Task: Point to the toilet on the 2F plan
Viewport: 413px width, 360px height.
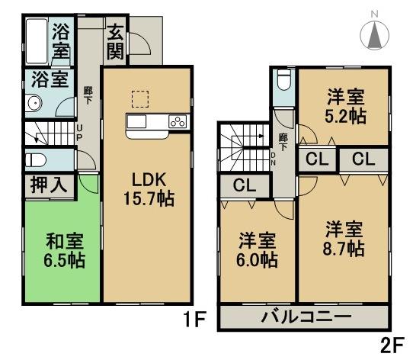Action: [x=283, y=81]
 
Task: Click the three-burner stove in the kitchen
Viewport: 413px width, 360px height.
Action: [x=177, y=122]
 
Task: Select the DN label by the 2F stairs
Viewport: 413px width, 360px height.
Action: [x=274, y=156]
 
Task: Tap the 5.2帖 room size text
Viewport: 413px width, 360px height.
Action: [x=345, y=116]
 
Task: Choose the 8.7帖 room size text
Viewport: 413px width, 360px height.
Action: [x=345, y=249]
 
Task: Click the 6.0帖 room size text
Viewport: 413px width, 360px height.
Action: [x=255, y=259]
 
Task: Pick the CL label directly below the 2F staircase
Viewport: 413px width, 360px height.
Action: [x=244, y=185]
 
